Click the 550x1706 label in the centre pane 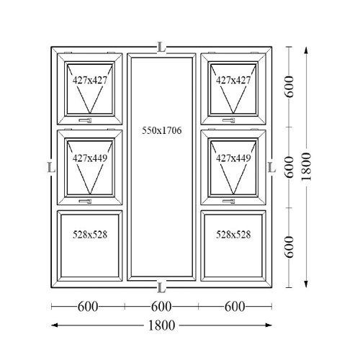(162, 130)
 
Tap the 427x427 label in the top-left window (90, 80)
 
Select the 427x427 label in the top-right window (233, 80)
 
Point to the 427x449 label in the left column (90, 158)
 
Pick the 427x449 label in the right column (233, 158)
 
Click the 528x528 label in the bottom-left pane (90, 235)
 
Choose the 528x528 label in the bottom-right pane (233, 235)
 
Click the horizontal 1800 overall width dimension (161, 325)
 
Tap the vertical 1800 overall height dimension (306, 166)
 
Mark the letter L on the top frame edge (161, 48)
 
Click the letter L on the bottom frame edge (161, 287)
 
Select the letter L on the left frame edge (51, 167)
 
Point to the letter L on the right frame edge (271, 167)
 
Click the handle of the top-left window (86, 120)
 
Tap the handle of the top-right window (228, 120)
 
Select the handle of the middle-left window (86, 201)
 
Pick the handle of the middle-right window (228, 201)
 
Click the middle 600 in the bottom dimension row (161, 307)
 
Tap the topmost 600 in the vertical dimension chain (289, 86)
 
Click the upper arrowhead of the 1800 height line (306, 51)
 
